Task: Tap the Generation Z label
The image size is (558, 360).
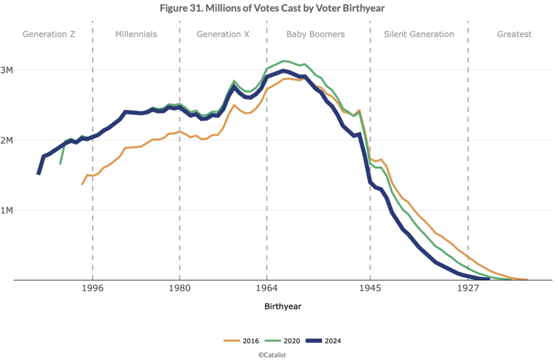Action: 48,34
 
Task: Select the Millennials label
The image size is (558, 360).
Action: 136,34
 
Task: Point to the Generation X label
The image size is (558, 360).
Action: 223,34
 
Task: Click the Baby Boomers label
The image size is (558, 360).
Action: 316,34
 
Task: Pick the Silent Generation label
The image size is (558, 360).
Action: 418,34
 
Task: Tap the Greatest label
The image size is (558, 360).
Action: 514,34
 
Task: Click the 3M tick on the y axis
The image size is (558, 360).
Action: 14,70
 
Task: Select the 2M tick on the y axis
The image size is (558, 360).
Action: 14,140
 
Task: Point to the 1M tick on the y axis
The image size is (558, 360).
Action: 14,210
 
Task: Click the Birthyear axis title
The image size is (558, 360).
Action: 283,307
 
